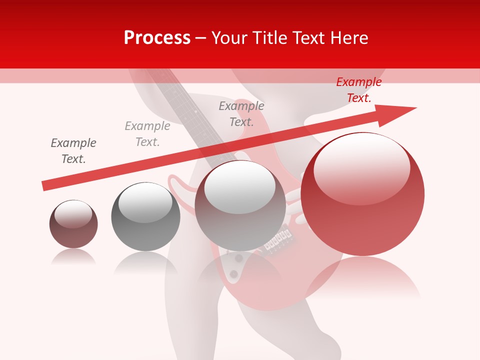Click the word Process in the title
(x=157, y=38)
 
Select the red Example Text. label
(x=358, y=90)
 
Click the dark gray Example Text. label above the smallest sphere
(x=73, y=151)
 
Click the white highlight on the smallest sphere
(x=73, y=214)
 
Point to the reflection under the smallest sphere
(x=73, y=257)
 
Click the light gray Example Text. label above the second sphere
(x=147, y=134)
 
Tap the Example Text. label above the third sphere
(x=241, y=114)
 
